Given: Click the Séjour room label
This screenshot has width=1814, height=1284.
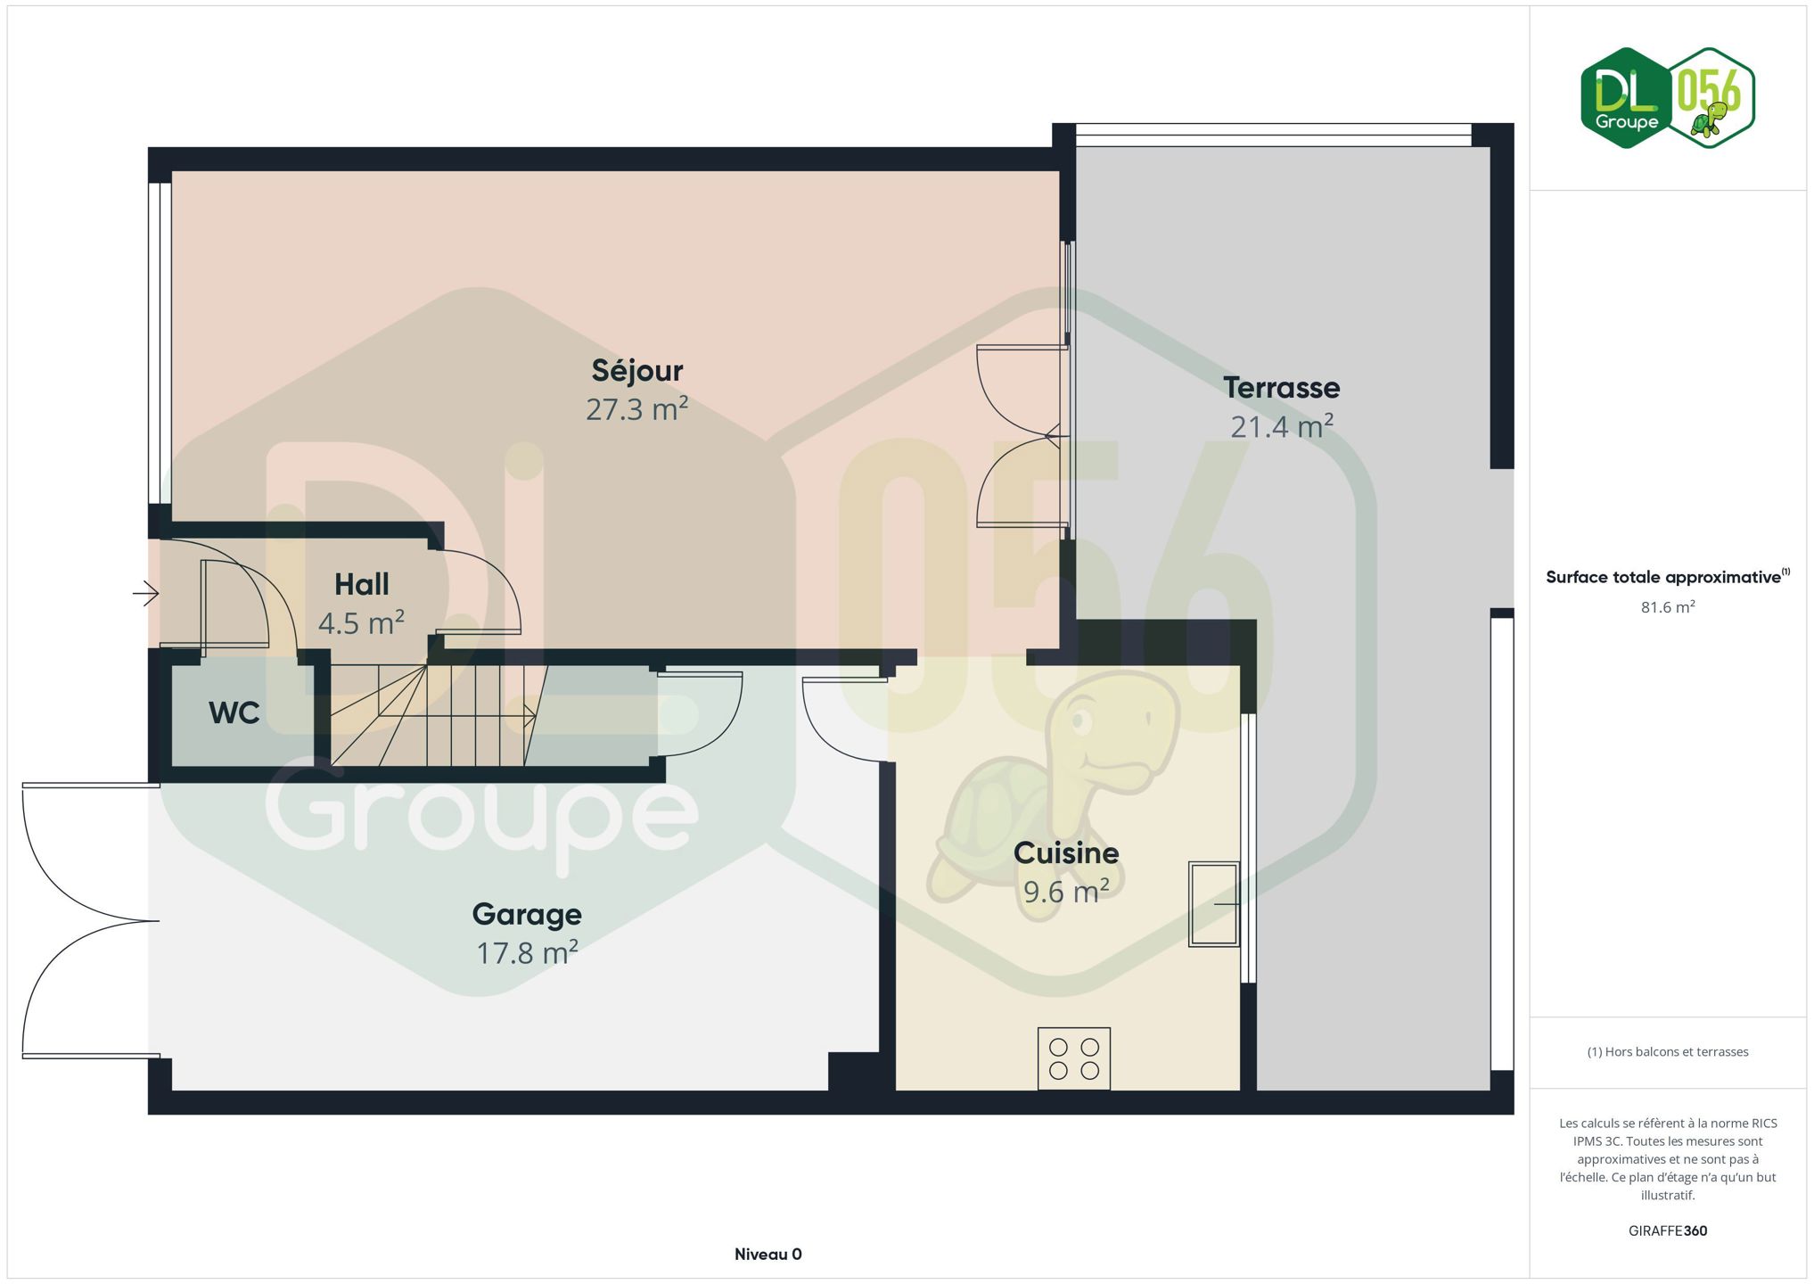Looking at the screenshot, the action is pos(636,370).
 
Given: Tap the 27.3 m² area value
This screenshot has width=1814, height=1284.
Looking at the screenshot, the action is pos(636,409).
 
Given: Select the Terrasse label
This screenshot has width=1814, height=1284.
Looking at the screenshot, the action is pos(1281,387).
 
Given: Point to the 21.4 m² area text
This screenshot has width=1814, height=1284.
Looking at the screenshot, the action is pos(1282,426).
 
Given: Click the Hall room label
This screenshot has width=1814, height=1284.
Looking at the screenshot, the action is pos(361,584).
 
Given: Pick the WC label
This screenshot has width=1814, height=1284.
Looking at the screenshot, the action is pos(234,712).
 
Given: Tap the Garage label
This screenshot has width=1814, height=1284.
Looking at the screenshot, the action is pos(527,914).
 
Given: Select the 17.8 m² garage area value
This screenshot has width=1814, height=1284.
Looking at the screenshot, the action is pos(527,953).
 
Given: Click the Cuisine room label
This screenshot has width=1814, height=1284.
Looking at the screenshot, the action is pos(1066,853).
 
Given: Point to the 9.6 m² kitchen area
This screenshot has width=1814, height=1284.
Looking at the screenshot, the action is pos(1066,892).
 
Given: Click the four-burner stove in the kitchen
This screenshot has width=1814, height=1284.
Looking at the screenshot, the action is pos(1073,1058).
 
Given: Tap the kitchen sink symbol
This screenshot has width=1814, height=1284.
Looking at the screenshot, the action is pos(1213,904).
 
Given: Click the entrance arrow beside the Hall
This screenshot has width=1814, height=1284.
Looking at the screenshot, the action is pos(146,593).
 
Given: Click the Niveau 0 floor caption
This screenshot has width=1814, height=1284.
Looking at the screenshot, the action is pos(768,1255).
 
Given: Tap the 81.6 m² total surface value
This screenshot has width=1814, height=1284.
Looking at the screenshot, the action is pos(1668,607).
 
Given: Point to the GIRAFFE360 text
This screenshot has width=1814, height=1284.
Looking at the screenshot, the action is pos(1668,1230).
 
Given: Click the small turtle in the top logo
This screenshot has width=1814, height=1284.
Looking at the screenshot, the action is pos(1711,119).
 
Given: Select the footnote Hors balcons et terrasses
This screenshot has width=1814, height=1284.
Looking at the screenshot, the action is pos(1668,1052).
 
